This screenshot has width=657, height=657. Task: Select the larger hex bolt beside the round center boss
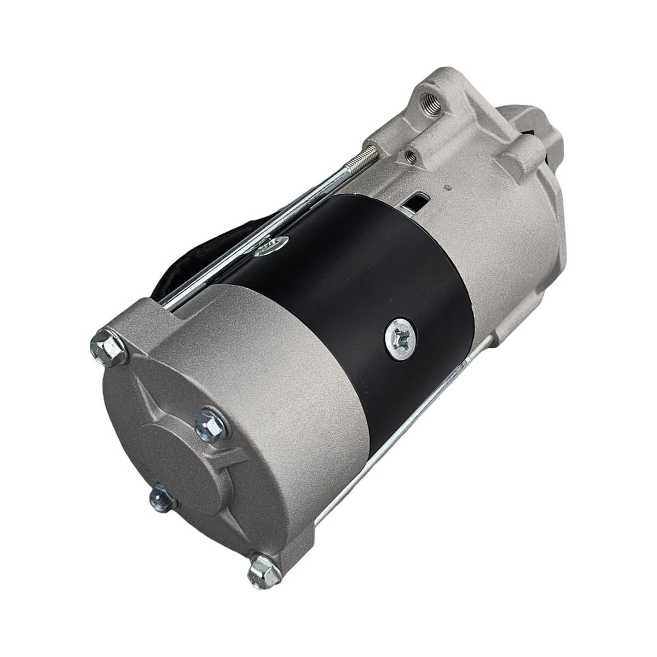(211, 424)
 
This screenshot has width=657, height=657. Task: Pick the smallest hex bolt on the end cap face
(163, 498)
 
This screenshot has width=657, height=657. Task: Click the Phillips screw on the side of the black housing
(400, 339)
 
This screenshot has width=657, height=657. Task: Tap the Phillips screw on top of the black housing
(272, 245)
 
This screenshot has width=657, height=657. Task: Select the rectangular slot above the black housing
(414, 203)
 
